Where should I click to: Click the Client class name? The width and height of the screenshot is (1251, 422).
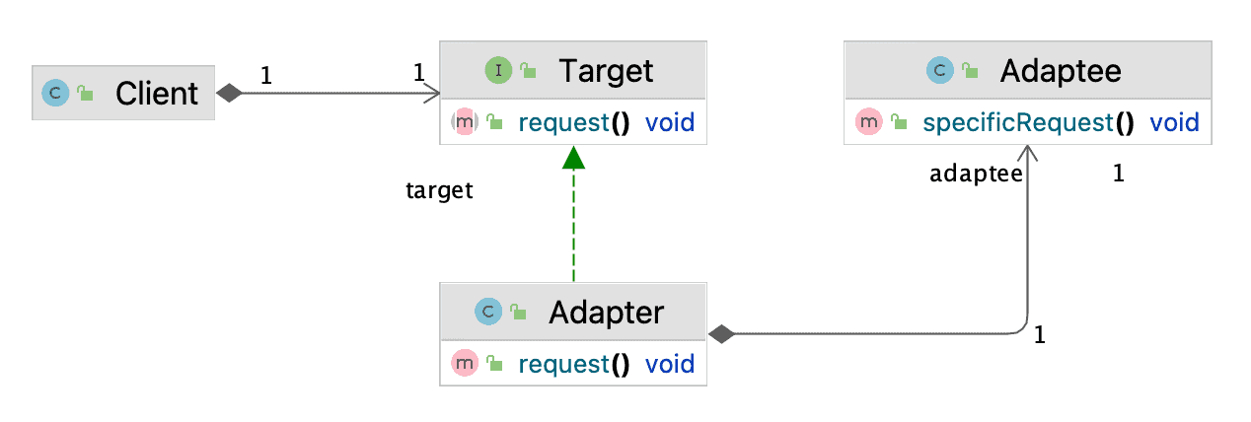coord(156,93)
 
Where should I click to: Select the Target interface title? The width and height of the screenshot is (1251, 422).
coord(606,71)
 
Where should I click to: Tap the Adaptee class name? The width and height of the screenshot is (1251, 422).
coord(1061,71)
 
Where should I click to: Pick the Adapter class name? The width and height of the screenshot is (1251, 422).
coord(607,312)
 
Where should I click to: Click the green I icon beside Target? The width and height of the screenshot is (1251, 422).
coord(498,71)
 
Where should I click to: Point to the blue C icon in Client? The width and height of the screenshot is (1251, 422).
coord(55,93)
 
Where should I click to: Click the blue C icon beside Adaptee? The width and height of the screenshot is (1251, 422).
coord(940,70)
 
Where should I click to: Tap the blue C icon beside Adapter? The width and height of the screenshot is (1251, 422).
coord(488,312)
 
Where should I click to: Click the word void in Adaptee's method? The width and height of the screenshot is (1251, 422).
coord(1174,122)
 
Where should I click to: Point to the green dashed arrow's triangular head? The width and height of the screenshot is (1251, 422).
coord(573,158)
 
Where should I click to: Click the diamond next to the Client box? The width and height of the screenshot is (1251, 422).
coord(229,93)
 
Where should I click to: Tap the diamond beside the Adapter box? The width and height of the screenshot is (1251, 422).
coord(721,334)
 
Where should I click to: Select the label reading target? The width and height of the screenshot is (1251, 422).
coord(439,191)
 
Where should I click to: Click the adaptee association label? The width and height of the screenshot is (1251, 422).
coord(976,174)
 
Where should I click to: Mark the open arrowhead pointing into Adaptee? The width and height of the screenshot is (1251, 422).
coord(1028,153)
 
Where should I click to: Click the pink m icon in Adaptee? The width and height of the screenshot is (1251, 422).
coord(868,121)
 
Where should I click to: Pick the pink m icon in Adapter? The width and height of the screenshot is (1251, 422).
coord(465,364)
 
